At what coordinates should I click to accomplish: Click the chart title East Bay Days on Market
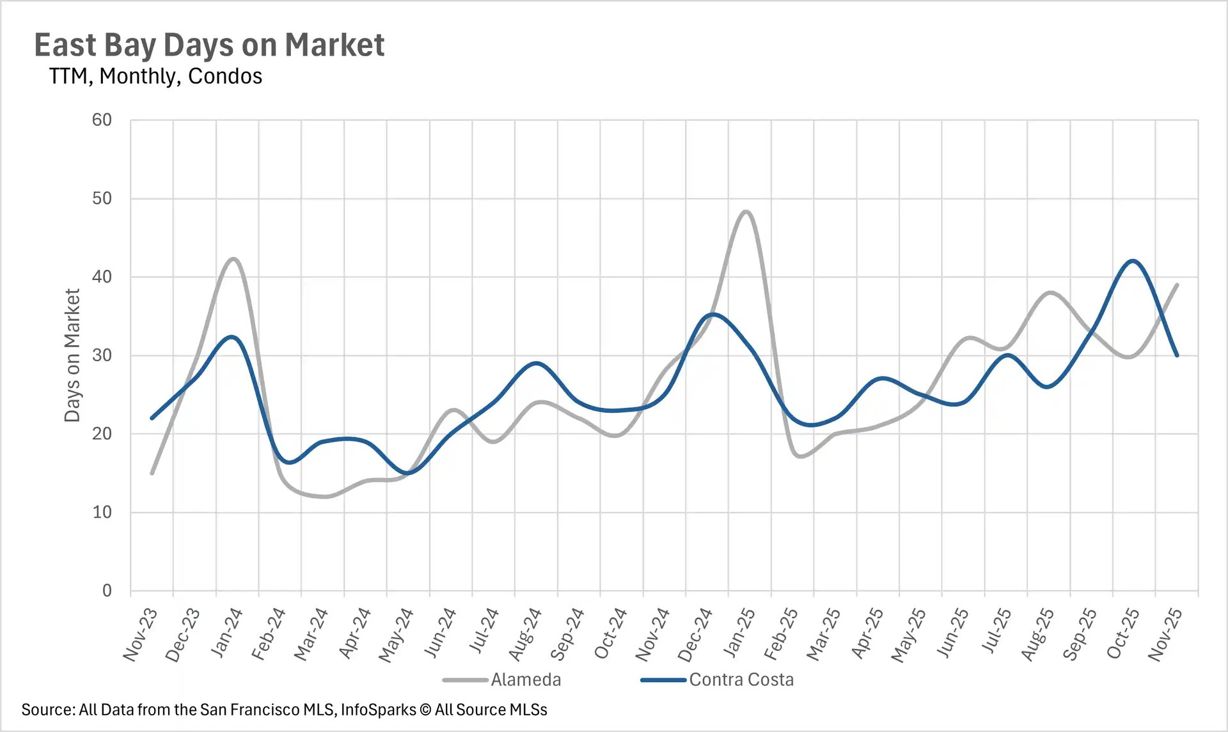[x=209, y=45]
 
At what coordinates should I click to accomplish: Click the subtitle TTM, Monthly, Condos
[x=155, y=76]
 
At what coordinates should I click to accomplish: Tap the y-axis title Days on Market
[x=72, y=355]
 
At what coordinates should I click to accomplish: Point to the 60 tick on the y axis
[x=102, y=120]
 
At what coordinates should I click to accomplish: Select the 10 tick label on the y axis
[x=102, y=512]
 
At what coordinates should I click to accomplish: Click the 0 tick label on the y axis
[x=107, y=591]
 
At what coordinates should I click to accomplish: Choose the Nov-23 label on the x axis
[x=140, y=634]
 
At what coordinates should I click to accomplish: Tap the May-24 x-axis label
[x=396, y=635]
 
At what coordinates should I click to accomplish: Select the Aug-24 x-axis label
[x=524, y=634]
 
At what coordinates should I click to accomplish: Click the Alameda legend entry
[x=525, y=680]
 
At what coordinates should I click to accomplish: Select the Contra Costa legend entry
[x=741, y=680]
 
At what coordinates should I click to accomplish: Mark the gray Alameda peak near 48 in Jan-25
[x=746, y=212]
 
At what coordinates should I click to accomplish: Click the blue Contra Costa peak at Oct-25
[x=1133, y=261]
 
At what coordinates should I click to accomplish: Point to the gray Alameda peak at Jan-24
[x=233, y=259]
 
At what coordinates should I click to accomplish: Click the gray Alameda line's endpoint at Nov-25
[x=1177, y=285]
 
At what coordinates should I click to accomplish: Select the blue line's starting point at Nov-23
[x=152, y=418]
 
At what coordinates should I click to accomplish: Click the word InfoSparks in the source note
[x=378, y=710]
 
